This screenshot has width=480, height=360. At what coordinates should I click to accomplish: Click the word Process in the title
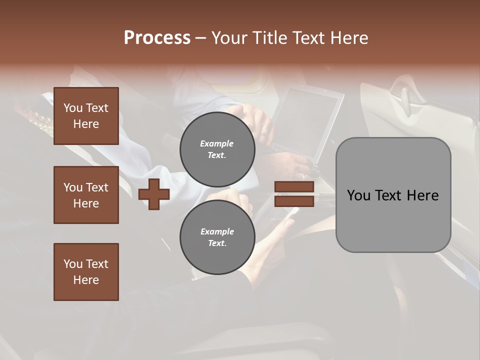point(157,38)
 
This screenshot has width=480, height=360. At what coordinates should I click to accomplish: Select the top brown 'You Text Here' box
point(86,116)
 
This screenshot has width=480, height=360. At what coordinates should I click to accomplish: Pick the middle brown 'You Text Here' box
point(86,195)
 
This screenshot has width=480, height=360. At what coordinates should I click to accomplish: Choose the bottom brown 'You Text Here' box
point(86,272)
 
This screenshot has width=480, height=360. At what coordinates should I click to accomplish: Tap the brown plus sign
point(154,194)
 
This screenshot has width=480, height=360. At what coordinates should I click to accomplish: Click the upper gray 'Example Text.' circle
point(217,149)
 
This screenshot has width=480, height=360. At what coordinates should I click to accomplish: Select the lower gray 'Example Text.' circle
point(217,237)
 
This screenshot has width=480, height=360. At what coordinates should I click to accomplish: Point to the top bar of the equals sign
point(294,187)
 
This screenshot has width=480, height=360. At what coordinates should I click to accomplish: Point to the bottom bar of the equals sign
point(294,201)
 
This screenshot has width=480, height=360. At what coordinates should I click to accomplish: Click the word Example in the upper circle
point(217,143)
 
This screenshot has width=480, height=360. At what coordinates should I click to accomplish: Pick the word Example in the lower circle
point(217,231)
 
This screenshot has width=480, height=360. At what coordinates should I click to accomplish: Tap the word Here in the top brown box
point(86,124)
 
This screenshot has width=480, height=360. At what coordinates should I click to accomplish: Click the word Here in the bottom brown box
point(86,280)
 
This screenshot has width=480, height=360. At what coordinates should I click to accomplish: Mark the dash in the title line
point(201,38)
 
